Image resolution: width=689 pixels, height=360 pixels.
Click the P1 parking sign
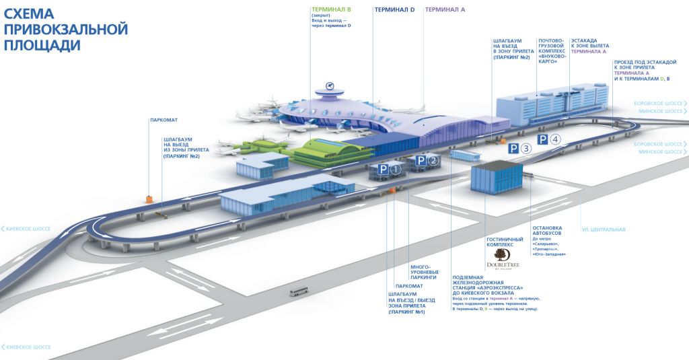click(x=388, y=170)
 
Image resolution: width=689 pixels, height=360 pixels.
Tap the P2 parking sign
click(x=427, y=160)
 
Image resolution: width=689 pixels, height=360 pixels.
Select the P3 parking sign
click(x=519, y=149)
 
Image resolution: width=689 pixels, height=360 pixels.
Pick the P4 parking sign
click(x=548, y=140)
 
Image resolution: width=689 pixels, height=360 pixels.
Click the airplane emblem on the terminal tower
click(x=329, y=85)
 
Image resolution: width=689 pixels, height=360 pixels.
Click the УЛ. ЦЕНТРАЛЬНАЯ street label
click(x=604, y=229)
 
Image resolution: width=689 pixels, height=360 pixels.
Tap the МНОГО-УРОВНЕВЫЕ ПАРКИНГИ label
click(x=424, y=271)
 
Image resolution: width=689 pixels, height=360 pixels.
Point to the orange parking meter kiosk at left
click(x=149, y=199)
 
